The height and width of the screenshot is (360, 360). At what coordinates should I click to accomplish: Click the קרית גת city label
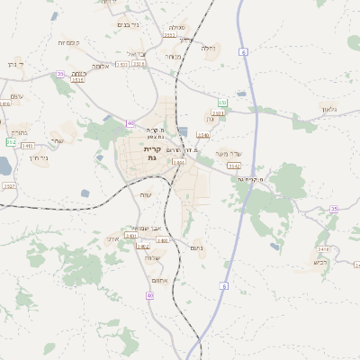152,153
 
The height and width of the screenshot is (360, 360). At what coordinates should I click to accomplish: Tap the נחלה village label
209,47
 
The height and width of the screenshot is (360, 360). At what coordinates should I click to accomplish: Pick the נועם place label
198,247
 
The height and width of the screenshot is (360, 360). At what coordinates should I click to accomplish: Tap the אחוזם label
161,280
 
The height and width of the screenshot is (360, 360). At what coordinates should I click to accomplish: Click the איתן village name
112,238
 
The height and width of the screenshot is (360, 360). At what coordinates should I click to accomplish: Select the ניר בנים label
130,24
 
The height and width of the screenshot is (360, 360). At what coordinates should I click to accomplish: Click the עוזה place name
147,195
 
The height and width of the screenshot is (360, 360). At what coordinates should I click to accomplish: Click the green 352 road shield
11,142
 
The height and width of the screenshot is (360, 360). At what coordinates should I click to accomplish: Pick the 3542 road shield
234,166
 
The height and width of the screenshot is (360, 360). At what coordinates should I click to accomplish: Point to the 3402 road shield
142,246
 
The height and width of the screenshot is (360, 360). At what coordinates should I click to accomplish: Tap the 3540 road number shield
203,134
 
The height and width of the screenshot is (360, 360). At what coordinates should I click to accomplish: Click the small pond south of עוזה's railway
85,193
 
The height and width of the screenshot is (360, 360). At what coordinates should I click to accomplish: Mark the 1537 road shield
9,185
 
